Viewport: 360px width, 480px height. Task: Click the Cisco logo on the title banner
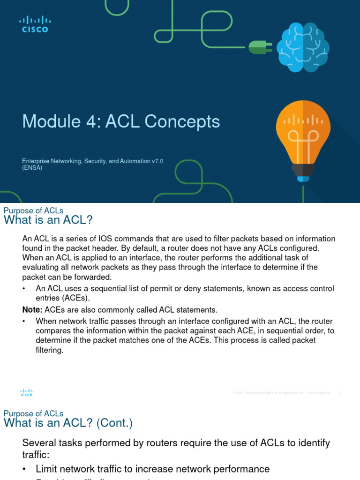point(35,24)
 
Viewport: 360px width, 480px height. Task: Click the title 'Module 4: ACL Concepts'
point(121,121)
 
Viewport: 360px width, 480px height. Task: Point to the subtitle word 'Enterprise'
point(37,161)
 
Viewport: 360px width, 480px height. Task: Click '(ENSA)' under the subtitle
point(32,168)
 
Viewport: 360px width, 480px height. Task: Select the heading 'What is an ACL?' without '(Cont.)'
point(48,220)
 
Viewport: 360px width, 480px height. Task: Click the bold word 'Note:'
point(32,310)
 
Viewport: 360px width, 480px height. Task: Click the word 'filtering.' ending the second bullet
point(49,350)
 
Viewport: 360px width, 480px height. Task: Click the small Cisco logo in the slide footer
point(27,392)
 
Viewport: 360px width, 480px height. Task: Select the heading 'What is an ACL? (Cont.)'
point(68,423)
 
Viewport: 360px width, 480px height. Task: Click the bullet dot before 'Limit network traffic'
point(25,469)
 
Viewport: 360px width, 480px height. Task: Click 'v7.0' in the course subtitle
point(157,161)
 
